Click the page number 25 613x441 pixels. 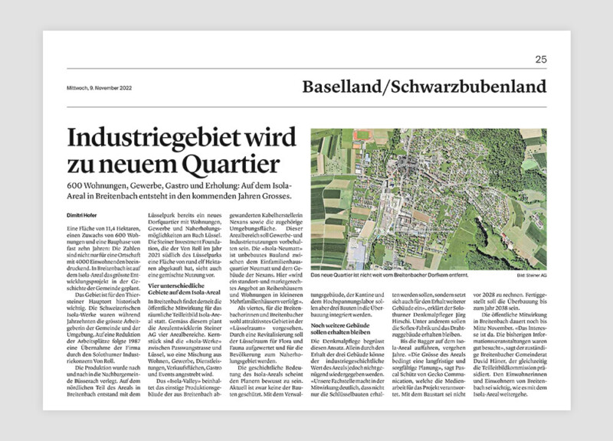coord(541,59)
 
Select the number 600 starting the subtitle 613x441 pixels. coord(75,188)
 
